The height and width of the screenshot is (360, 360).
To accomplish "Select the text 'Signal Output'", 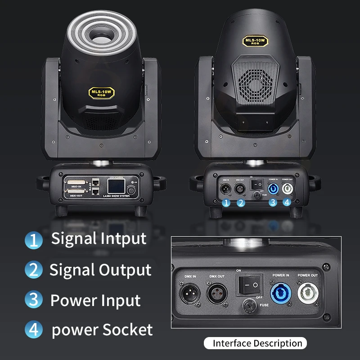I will pos(100,270).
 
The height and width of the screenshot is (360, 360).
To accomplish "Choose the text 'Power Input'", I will pos(95,300).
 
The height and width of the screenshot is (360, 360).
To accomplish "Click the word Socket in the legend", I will pos(128,330).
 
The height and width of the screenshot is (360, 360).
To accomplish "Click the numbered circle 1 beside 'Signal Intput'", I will pos(33,239).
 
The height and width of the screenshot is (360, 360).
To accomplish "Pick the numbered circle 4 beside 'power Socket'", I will pos(33,330).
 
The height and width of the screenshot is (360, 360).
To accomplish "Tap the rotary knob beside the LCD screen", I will pos(132,189).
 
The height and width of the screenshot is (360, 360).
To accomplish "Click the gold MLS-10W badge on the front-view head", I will pos(101,93).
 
